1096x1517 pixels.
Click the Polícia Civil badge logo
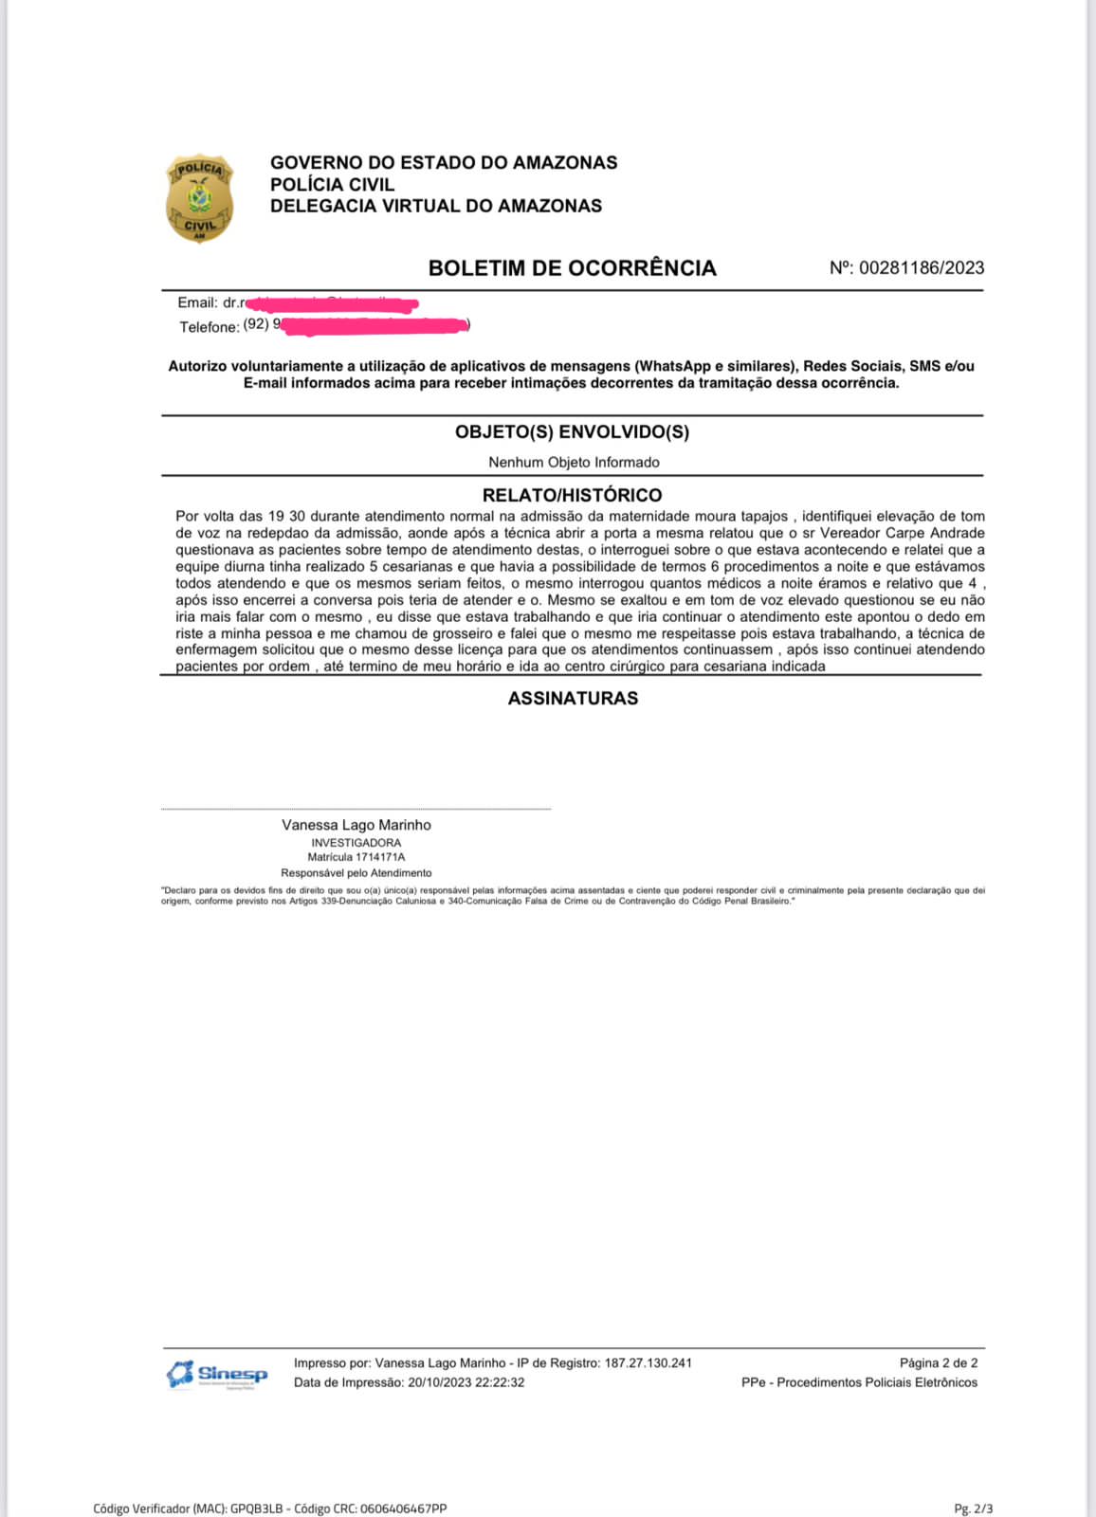tap(199, 199)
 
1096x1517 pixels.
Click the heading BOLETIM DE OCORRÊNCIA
tap(572, 268)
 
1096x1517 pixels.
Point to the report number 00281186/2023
tap(921, 268)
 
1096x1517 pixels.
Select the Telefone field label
tap(209, 327)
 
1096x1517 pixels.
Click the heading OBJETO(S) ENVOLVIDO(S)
tap(572, 432)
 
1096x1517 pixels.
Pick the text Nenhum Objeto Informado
tap(574, 463)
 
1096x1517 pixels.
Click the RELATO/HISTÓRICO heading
tap(572, 495)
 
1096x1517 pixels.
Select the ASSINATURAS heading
tap(573, 699)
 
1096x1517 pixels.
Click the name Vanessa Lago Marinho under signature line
tap(356, 825)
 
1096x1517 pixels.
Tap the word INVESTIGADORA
tap(356, 843)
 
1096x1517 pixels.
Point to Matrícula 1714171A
tap(356, 857)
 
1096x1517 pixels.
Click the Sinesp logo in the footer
tap(217, 1374)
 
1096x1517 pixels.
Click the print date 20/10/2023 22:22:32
tap(466, 1382)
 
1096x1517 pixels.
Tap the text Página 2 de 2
tap(939, 1363)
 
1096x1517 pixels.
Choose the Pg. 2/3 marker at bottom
tap(974, 1508)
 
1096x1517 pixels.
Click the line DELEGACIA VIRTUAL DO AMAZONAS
tap(436, 206)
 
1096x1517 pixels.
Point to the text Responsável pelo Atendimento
tap(356, 873)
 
